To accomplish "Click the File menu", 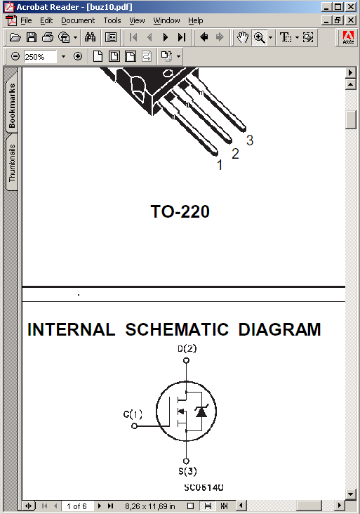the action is pos(26,20).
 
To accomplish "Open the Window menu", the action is pos(166,20).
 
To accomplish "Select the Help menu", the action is pos(195,20).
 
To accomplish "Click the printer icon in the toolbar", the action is pos(48,37).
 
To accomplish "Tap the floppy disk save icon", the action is pos(32,37).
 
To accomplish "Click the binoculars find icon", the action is pos(90,37).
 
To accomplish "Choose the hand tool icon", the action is pos(243,37).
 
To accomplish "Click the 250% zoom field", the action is pos(39,57).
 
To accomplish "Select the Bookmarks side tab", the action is pos(12,105).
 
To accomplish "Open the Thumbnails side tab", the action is pos(12,163).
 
